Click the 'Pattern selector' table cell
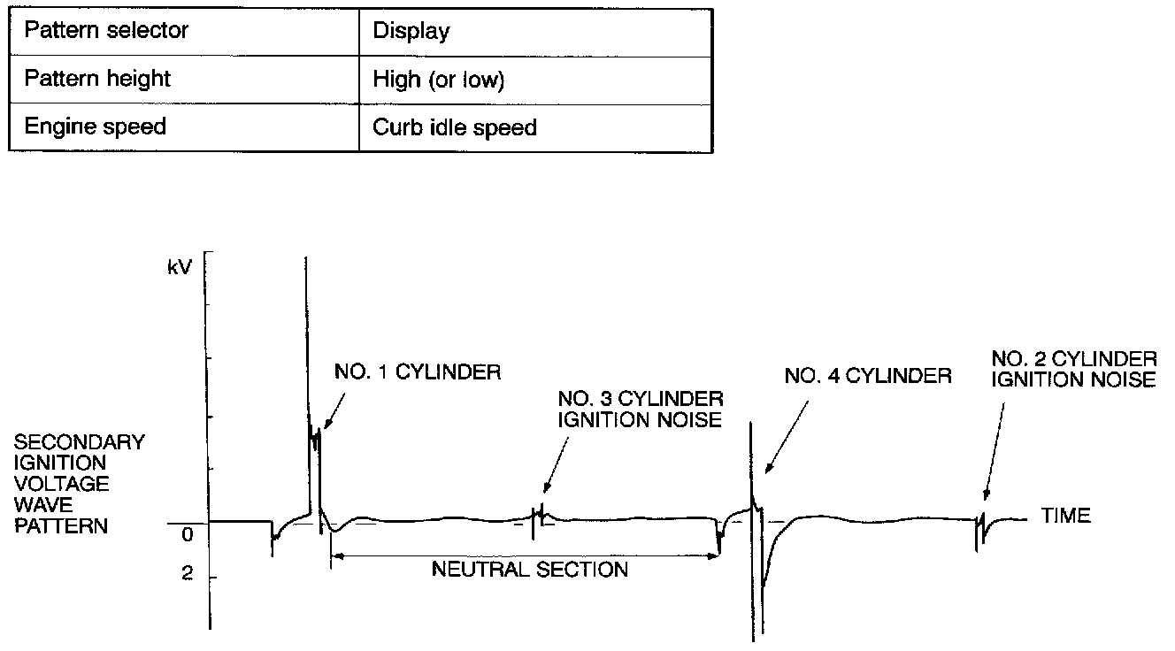[106, 30]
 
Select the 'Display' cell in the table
[411, 31]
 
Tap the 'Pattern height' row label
[97, 79]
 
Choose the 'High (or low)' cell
[438, 80]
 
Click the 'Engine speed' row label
[95, 126]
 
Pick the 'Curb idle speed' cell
[455, 127]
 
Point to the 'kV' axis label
[180, 265]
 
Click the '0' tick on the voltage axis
[187, 535]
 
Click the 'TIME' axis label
[1066, 516]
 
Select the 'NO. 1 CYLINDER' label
[418, 372]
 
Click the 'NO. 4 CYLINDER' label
[868, 376]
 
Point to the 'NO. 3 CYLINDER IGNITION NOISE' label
[640, 409]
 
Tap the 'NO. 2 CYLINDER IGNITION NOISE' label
[1073, 369]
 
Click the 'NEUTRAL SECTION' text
[529, 569]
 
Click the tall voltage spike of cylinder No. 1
[306, 354]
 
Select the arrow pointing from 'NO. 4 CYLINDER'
[787, 433]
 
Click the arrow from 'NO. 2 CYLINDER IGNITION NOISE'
[994, 451]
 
